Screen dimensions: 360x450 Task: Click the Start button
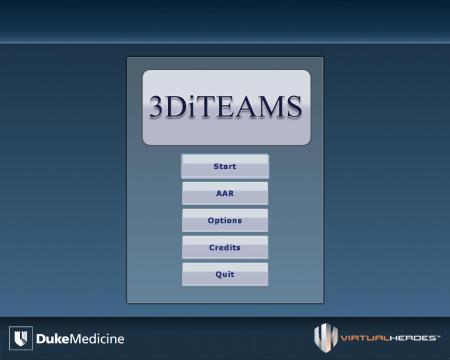tap(225, 166)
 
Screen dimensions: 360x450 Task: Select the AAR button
tap(225, 193)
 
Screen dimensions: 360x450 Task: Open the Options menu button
tap(225, 220)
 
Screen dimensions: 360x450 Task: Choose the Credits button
tap(225, 247)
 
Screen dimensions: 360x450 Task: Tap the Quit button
tap(225, 274)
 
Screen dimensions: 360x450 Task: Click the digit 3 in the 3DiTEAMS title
tap(159, 108)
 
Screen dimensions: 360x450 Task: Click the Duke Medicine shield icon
tap(21, 337)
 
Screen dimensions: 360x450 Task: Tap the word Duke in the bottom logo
tap(52, 338)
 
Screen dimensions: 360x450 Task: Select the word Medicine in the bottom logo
tap(97, 338)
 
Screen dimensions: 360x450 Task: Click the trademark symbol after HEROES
tap(437, 336)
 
